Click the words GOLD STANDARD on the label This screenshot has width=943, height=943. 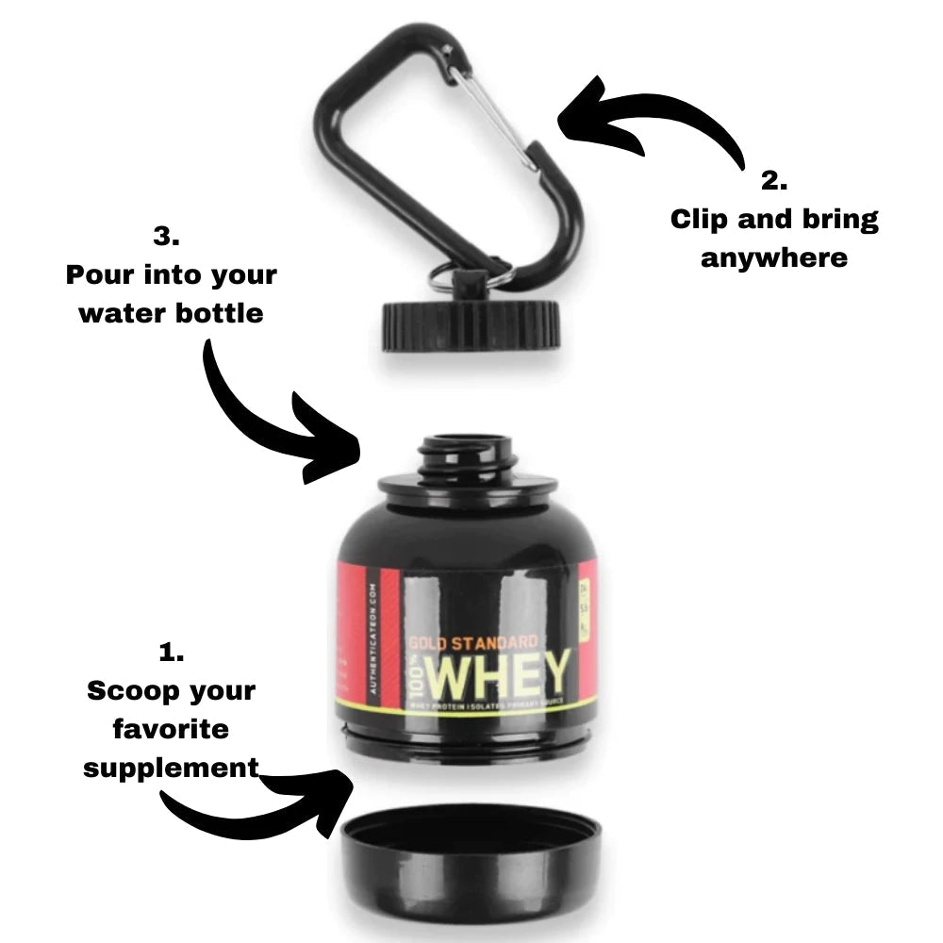click(x=472, y=643)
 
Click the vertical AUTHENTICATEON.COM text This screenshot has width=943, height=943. click(x=373, y=641)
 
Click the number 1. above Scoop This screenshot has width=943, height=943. click(x=171, y=653)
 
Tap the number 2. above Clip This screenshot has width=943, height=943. click(x=774, y=181)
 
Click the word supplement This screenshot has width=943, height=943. click(x=171, y=768)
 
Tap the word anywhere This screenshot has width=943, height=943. click(x=774, y=257)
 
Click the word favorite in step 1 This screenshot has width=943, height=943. click(x=171, y=729)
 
